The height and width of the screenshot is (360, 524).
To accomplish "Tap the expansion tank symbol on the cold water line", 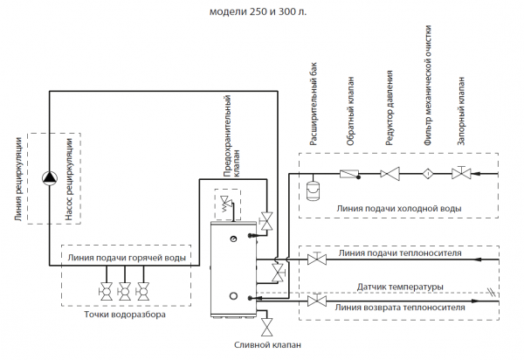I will (314, 186).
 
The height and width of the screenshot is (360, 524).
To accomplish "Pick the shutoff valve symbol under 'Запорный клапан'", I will (459, 174).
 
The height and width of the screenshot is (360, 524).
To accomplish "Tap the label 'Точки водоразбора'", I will (123, 314).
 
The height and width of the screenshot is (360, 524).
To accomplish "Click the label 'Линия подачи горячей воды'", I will (127, 259).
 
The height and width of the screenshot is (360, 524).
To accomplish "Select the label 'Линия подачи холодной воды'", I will (398, 209).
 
